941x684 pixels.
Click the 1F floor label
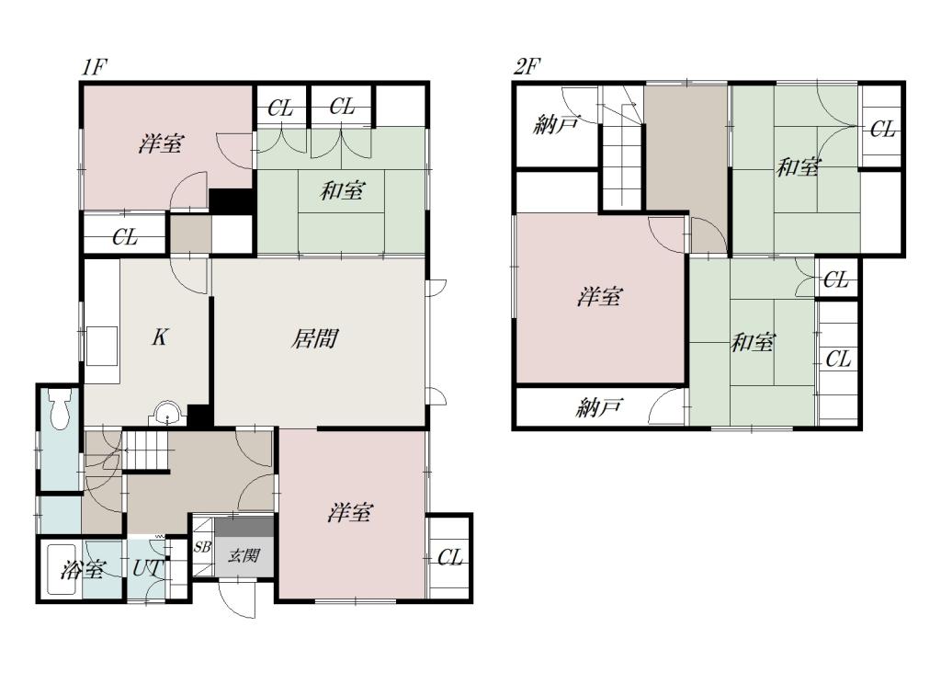click(x=94, y=67)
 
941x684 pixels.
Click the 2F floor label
click(x=527, y=67)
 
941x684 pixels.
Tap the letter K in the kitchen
click(x=160, y=337)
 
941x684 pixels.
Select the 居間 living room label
click(x=314, y=338)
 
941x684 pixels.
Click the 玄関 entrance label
click(x=244, y=555)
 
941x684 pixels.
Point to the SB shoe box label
click(x=202, y=547)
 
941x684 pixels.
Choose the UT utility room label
click(x=145, y=568)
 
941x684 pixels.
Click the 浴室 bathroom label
click(x=83, y=569)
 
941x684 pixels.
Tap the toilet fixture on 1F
click(x=60, y=409)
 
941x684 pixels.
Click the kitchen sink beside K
click(x=102, y=346)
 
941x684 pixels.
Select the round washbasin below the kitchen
click(x=167, y=414)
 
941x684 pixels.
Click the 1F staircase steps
click(x=146, y=450)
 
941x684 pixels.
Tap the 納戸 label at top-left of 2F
click(x=556, y=125)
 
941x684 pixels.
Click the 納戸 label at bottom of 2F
click(x=599, y=408)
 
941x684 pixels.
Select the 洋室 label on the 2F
click(x=600, y=297)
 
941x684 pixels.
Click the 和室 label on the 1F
click(x=342, y=191)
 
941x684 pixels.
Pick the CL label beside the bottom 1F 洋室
click(x=450, y=558)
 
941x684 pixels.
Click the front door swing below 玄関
click(x=238, y=598)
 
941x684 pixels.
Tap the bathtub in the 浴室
click(x=61, y=571)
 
